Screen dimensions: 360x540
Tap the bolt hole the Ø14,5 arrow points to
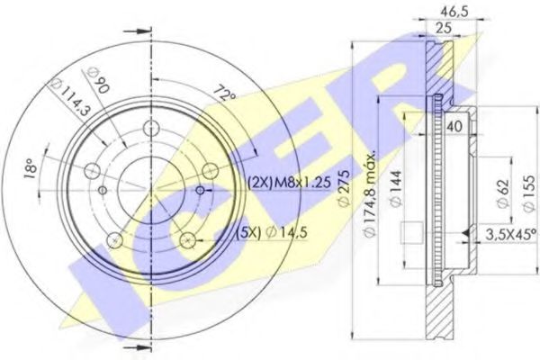point(188,238)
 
